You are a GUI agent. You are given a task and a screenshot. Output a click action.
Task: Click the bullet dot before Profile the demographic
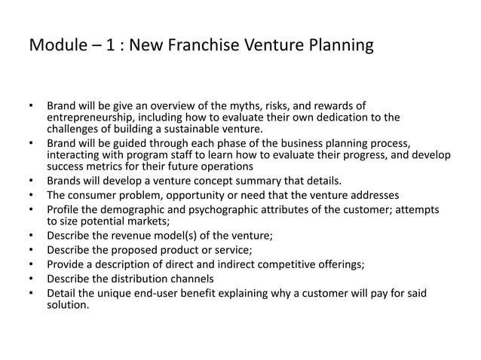32,209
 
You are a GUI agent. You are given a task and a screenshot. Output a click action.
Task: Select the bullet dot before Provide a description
32,264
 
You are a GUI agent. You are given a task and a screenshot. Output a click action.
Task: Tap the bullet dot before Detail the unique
32,292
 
